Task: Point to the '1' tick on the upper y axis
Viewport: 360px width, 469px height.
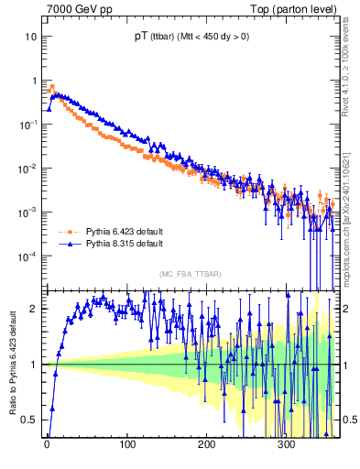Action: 34,81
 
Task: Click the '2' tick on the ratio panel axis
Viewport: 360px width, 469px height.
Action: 34,309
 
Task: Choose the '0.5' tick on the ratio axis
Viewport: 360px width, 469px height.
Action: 30,420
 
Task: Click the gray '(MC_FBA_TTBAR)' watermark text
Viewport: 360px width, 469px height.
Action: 190,274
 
